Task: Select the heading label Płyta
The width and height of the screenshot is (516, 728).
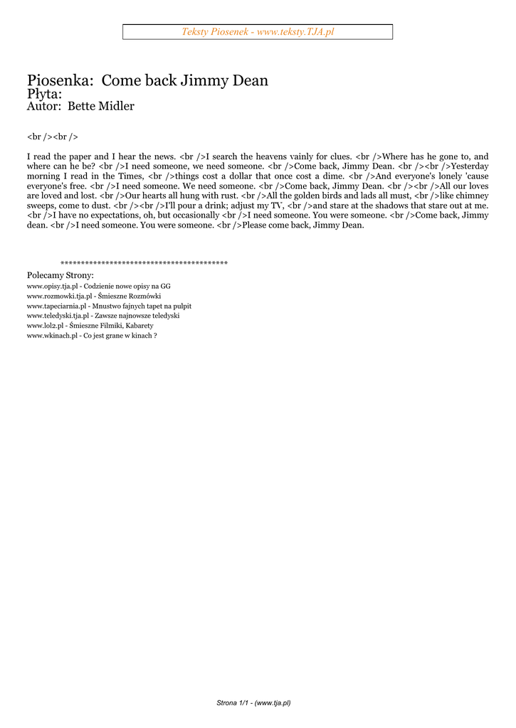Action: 44,94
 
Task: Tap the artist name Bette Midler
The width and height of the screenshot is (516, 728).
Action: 101,107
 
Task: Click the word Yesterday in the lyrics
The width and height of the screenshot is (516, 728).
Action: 470,166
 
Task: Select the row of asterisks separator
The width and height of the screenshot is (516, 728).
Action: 144,264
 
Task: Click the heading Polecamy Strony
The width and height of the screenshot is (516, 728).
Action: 60,275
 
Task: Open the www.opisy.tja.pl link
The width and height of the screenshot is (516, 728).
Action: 52,286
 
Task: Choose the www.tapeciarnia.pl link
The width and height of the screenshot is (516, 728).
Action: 59,306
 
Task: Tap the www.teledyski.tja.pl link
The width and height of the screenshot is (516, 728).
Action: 58,315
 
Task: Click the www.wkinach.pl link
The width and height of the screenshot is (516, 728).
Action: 52,335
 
